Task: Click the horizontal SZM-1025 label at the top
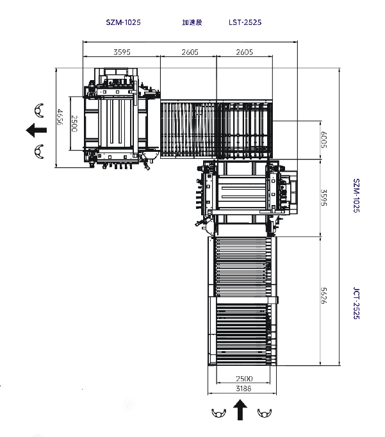(124, 22)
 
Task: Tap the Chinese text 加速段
(192, 22)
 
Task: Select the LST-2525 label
(245, 22)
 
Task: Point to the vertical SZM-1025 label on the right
(356, 195)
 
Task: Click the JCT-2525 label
(356, 303)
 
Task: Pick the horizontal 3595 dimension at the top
(122, 52)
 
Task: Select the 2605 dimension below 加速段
(190, 52)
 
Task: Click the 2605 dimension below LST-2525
(245, 52)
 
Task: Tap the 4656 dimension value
(60, 117)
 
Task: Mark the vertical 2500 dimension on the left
(74, 124)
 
